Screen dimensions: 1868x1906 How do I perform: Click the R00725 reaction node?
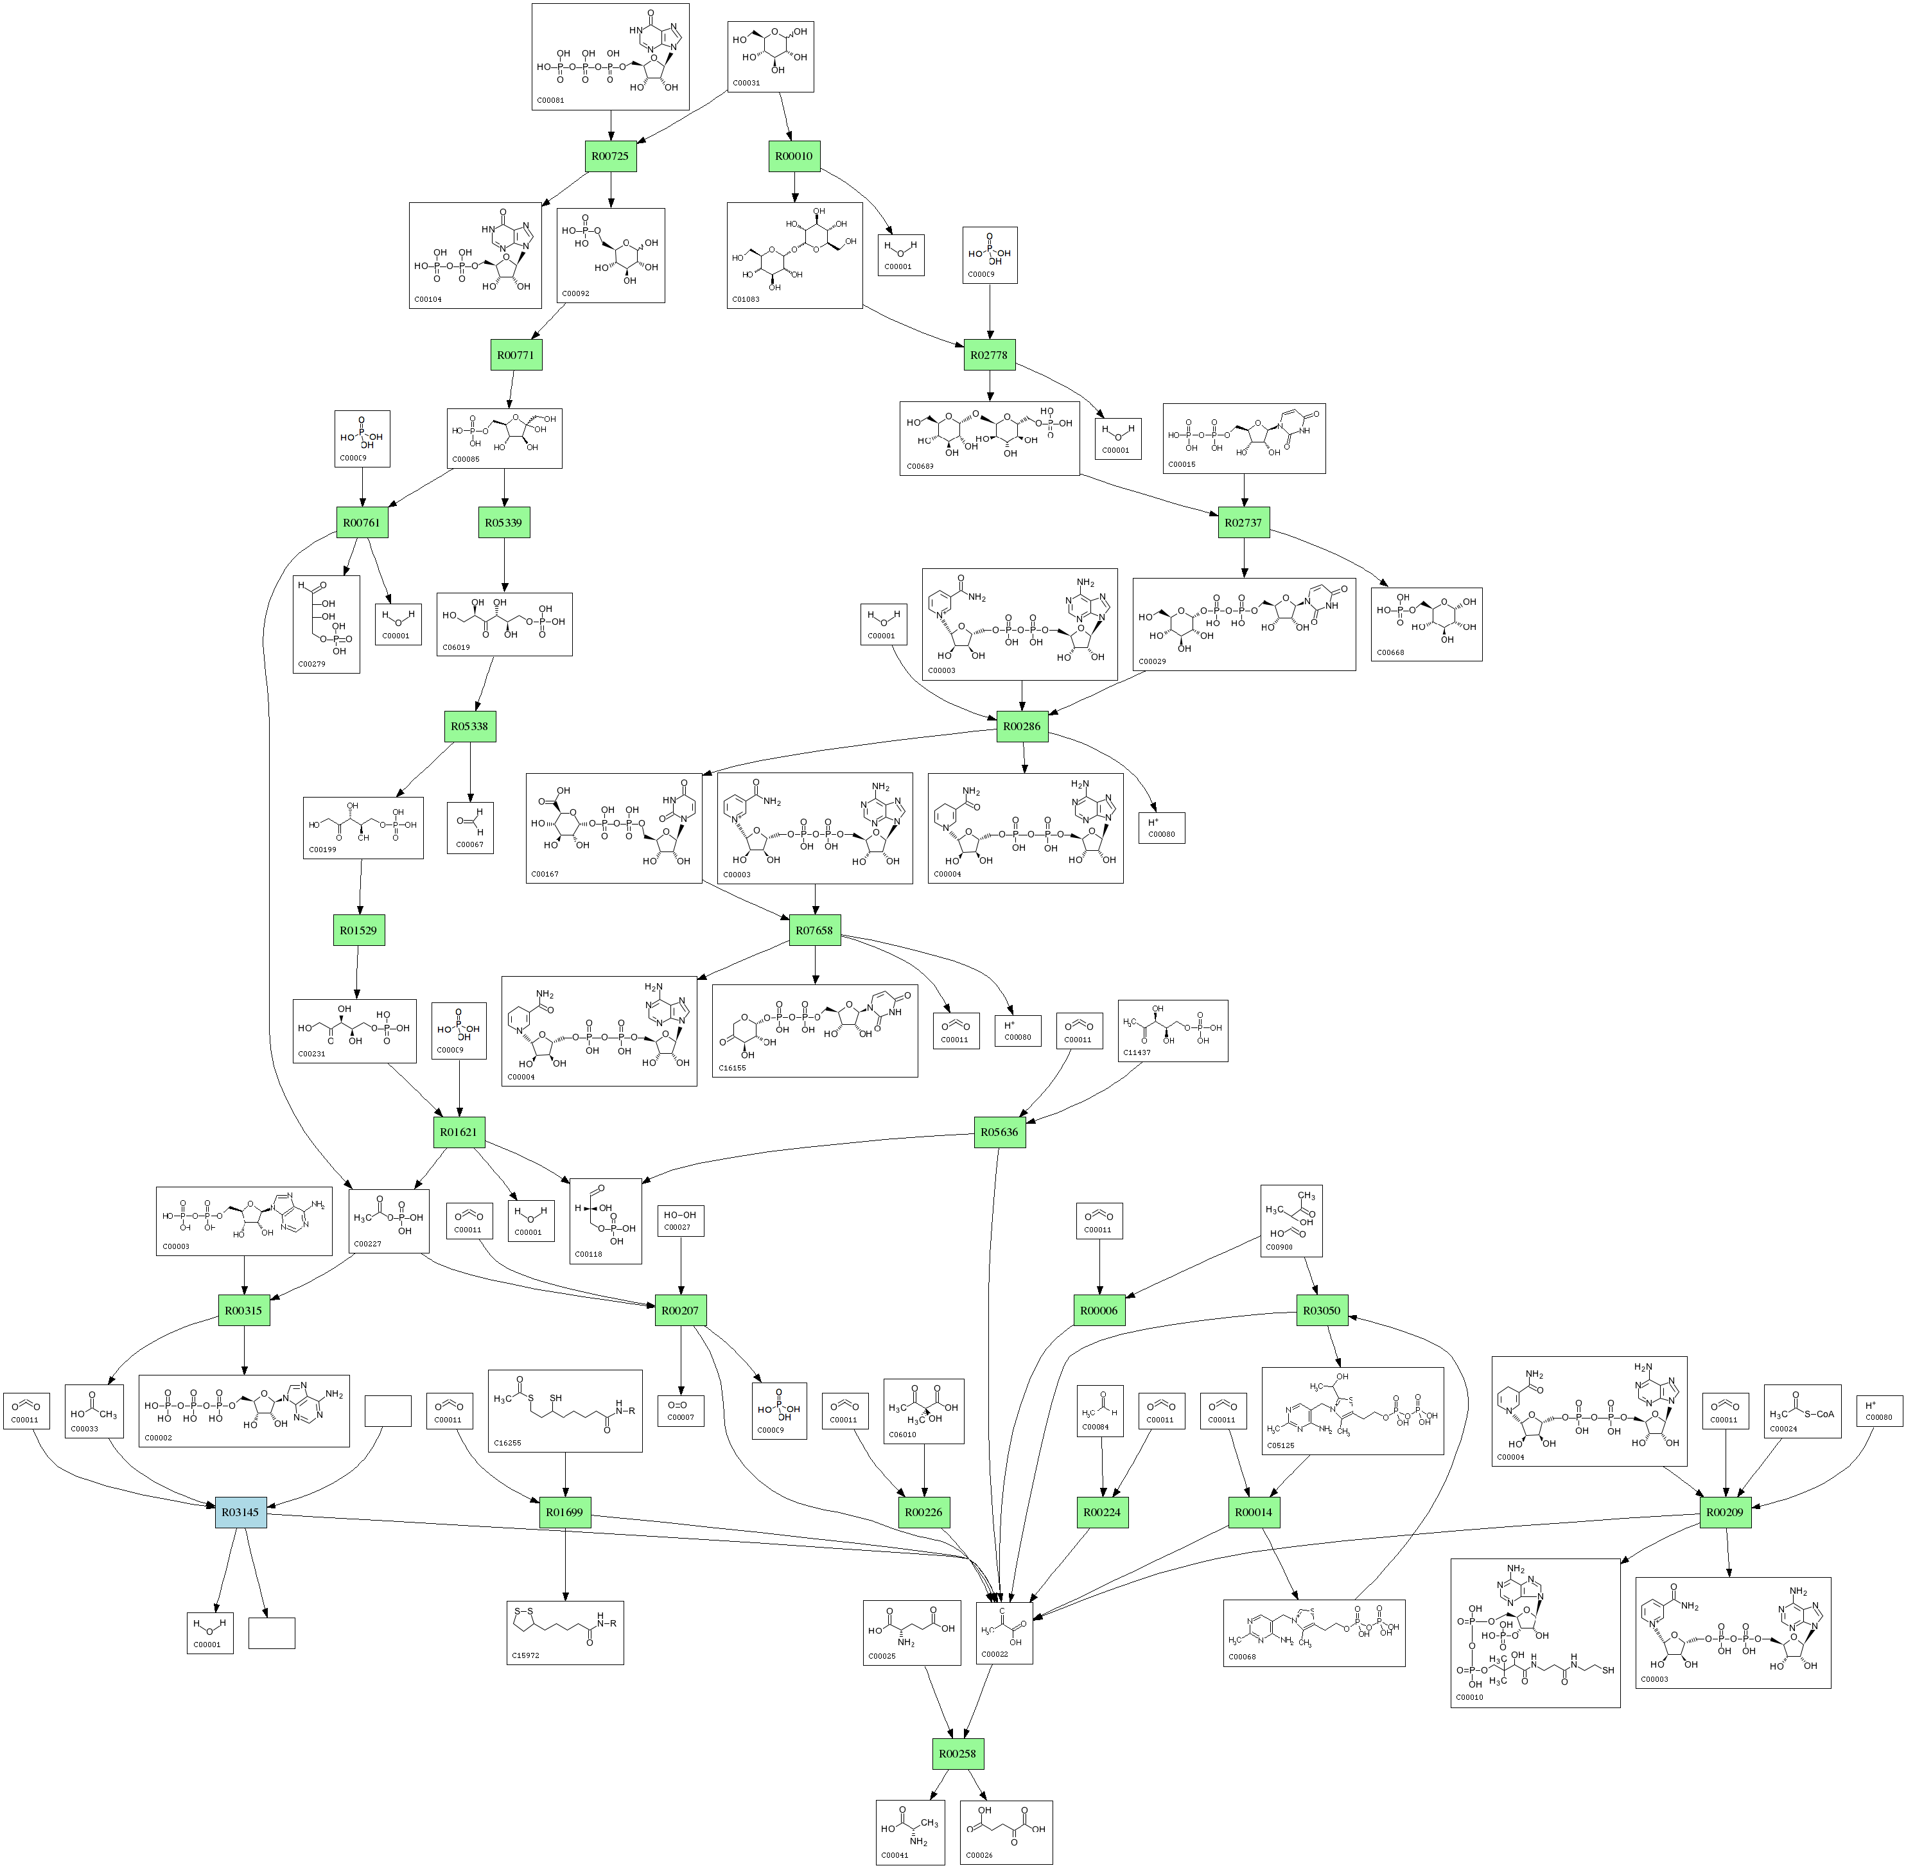click(x=610, y=156)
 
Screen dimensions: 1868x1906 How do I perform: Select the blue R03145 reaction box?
click(x=240, y=1512)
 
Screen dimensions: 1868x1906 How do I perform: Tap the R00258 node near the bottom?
click(x=957, y=1753)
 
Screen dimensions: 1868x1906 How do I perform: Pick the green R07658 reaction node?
click(x=814, y=930)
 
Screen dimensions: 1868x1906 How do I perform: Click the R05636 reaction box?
click(x=1000, y=1131)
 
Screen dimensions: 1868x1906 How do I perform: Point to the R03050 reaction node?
click(x=1322, y=1310)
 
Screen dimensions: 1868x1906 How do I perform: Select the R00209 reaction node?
click(x=1724, y=1512)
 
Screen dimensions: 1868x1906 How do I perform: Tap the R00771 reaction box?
click(x=516, y=354)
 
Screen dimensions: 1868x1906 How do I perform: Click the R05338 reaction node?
click(x=470, y=726)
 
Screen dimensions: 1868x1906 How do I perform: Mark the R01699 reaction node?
click(x=565, y=1512)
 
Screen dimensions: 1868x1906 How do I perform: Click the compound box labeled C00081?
click(x=610, y=56)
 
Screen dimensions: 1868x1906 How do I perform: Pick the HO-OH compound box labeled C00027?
click(x=681, y=1221)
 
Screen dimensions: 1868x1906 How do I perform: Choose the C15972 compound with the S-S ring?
click(x=565, y=1632)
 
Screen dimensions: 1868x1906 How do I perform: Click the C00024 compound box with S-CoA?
click(x=1802, y=1411)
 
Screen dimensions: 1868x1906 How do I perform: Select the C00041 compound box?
click(x=911, y=1831)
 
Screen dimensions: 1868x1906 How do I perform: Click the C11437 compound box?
click(x=1172, y=1030)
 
